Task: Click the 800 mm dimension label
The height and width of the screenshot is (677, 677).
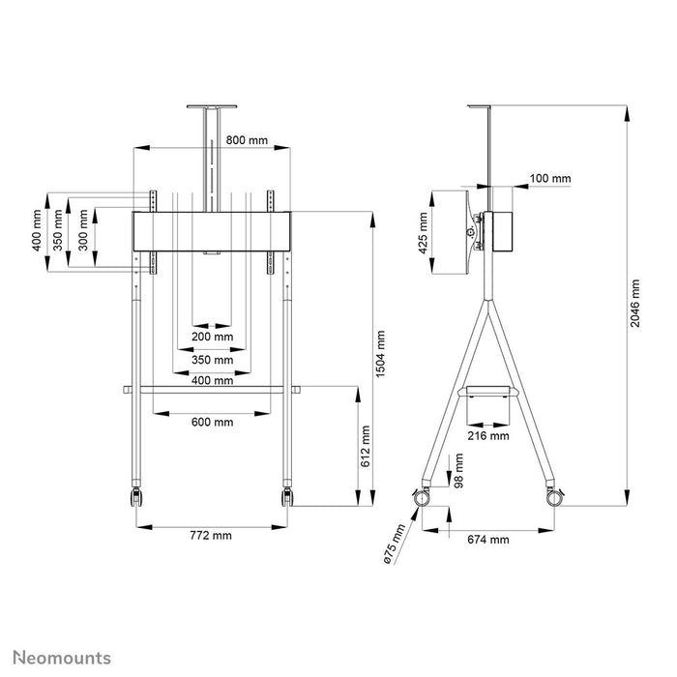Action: (247, 140)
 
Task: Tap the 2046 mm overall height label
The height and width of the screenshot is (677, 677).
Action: (635, 305)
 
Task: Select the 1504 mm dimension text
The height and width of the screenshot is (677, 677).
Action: (381, 354)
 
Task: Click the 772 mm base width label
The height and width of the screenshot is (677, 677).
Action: (212, 534)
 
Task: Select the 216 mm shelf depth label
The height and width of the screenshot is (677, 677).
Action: (487, 436)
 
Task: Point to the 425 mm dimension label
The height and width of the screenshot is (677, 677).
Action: (422, 232)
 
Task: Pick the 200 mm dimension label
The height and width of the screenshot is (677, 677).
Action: (212, 337)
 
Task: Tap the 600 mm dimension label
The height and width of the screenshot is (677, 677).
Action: (212, 422)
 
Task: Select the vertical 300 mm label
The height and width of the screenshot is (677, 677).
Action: (83, 228)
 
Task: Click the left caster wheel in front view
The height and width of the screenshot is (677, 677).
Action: (133, 497)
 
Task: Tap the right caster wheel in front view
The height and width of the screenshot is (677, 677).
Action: (287, 497)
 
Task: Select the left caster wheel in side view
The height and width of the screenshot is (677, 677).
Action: (422, 497)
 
